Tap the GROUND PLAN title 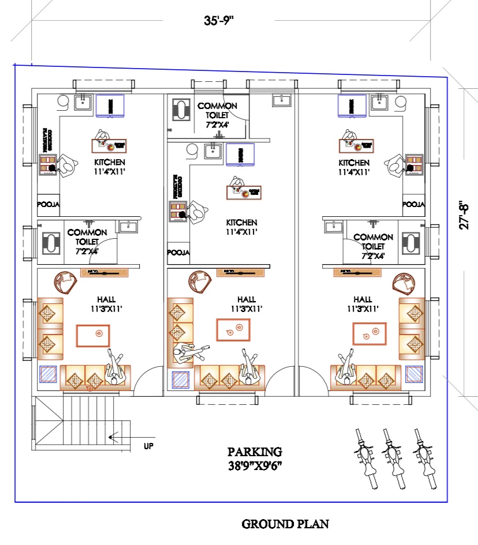click(x=285, y=524)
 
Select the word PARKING click(x=255, y=452)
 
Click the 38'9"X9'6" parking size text click(x=255, y=465)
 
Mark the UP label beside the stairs click(x=148, y=446)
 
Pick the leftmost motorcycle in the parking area click(x=364, y=452)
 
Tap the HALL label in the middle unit click(x=247, y=299)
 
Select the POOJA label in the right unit click(x=413, y=204)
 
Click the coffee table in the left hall click(x=93, y=335)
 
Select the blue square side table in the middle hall click(x=181, y=380)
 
